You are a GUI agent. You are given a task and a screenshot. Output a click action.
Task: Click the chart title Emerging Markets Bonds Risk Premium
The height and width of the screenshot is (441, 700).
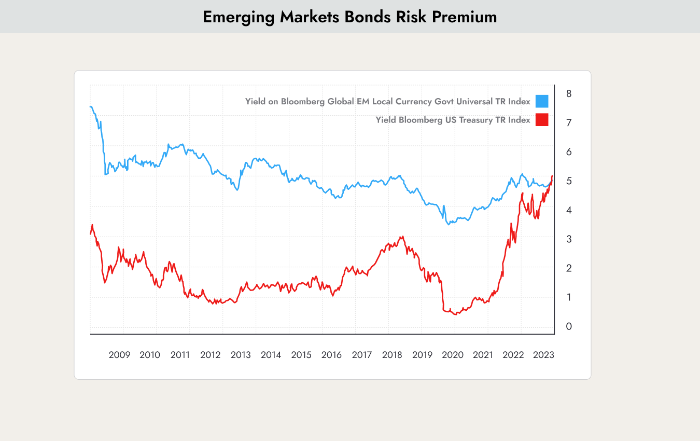pos(349,17)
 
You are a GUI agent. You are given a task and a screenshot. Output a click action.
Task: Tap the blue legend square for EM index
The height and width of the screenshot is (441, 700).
pos(542,101)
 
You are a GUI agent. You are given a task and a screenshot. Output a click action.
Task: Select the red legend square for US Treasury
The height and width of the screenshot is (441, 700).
pos(542,120)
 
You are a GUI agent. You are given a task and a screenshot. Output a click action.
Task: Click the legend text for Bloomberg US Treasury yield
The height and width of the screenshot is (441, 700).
pos(453,120)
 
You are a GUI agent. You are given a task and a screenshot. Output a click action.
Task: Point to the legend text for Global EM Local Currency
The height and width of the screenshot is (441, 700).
pos(387,101)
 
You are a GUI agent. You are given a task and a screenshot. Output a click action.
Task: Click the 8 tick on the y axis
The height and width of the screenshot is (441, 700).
pos(569,94)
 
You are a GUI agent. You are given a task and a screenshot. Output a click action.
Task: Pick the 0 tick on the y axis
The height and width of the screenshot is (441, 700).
pos(569,326)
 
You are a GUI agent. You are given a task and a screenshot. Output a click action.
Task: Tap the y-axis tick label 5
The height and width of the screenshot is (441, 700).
pos(569,181)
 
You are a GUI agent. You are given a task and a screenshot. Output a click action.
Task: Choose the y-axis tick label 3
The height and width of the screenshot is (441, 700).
pos(569,239)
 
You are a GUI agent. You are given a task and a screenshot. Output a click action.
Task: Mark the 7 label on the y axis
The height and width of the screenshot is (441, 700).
pos(569,123)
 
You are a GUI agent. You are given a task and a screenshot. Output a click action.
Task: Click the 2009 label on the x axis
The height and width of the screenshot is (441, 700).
pos(119,355)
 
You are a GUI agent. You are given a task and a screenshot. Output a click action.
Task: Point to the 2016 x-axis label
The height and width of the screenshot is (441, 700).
pos(331,355)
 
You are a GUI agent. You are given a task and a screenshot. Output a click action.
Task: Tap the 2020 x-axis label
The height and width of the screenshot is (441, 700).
pos(453,355)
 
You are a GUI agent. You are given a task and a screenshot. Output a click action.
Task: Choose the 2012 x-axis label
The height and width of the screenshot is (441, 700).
pos(210,355)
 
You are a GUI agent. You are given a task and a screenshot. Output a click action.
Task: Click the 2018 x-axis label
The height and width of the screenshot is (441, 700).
pos(392,355)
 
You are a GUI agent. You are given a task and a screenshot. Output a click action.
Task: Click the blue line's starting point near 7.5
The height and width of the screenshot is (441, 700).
pos(91,107)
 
